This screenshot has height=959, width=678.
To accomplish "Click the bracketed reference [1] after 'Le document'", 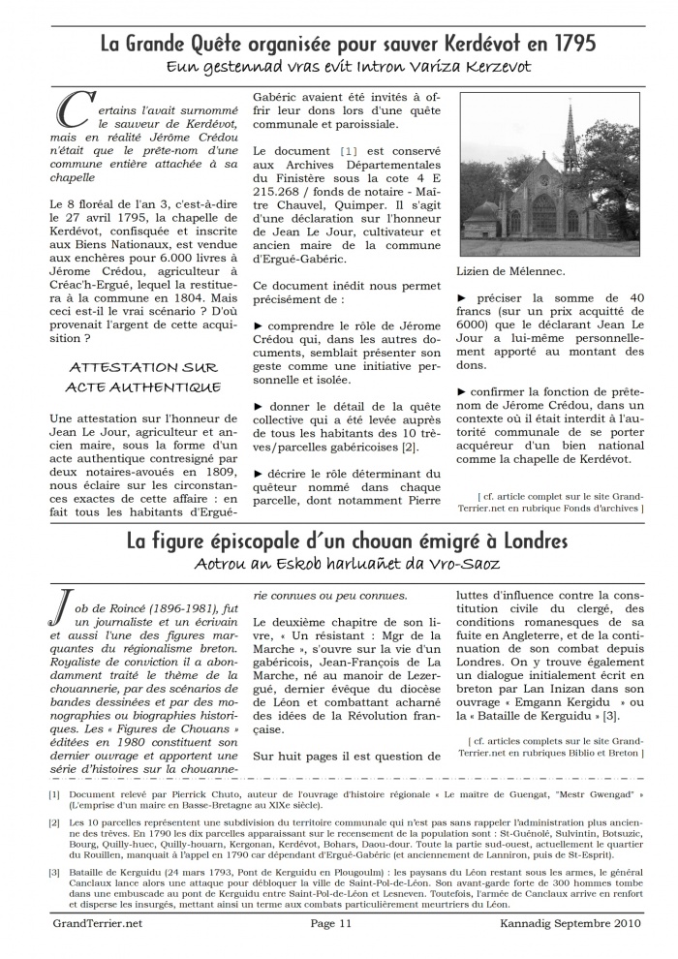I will click(348, 152).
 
